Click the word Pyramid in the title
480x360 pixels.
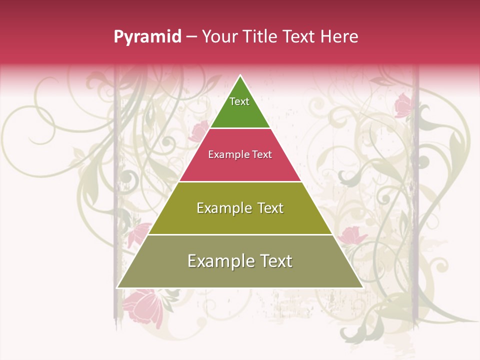coord(147,37)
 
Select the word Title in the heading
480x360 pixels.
coord(262,36)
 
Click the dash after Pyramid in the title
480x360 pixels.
coord(191,37)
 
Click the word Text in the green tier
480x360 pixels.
coord(239,101)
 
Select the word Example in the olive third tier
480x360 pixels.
coord(222,208)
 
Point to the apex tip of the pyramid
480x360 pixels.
coord(240,75)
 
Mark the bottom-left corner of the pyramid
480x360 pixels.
coord(117,287)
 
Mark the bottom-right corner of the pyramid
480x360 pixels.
coord(362,287)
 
